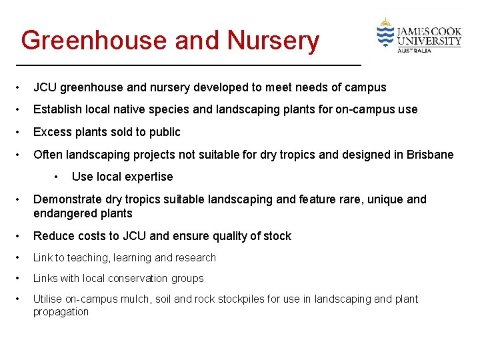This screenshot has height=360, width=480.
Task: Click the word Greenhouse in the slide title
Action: (x=93, y=41)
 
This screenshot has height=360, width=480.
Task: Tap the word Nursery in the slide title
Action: (x=273, y=41)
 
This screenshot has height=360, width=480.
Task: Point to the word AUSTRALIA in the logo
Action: (x=414, y=50)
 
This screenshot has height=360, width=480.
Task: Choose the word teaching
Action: (x=87, y=257)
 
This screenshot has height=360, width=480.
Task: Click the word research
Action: (x=195, y=257)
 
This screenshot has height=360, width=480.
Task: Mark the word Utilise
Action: (x=47, y=299)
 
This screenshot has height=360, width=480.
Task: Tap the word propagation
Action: (x=61, y=311)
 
